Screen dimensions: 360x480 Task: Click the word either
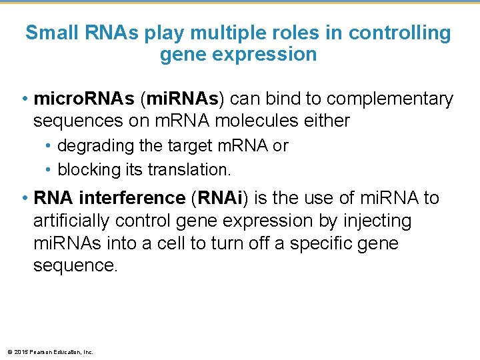326,121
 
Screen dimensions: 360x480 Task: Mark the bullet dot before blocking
50,169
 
